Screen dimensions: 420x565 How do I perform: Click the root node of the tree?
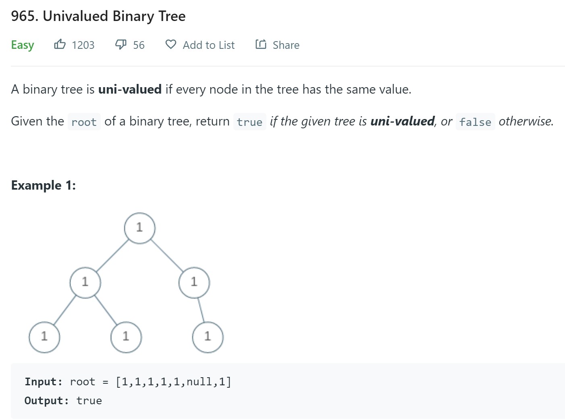139,228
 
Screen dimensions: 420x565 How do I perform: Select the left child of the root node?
85,282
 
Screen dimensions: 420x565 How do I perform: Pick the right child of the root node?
194,282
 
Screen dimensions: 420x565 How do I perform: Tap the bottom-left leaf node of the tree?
44,337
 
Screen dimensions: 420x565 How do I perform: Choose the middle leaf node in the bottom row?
126,337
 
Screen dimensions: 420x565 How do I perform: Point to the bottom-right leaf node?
208,337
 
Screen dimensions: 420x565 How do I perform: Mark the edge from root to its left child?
112,255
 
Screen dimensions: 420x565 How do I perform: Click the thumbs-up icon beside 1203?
60,44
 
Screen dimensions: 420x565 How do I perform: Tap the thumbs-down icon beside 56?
121,44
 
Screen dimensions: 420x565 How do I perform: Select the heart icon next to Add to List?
171,44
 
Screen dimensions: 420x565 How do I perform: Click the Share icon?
261,44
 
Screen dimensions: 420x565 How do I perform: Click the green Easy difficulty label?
23,45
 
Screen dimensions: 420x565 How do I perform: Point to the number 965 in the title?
25,16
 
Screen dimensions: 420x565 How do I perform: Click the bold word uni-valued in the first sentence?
130,89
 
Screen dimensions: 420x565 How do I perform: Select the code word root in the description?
84,122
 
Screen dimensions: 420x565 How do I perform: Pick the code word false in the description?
475,122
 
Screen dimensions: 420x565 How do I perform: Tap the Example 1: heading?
44,185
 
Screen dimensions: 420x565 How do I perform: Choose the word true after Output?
89,401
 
